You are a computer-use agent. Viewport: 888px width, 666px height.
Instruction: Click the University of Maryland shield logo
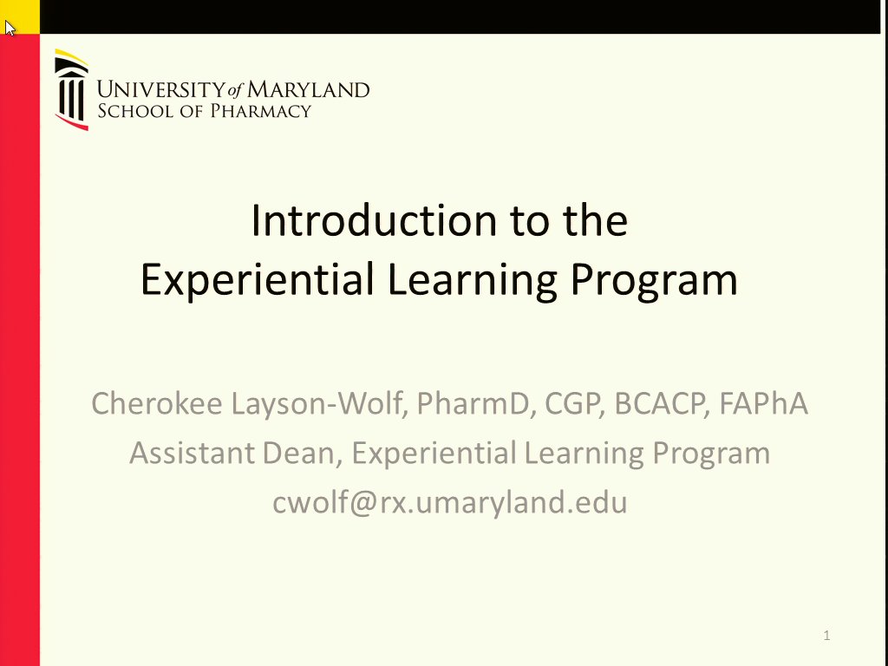(x=71, y=90)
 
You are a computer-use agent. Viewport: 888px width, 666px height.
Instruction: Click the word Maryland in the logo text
(x=309, y=89)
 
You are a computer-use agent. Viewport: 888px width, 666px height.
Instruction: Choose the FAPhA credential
(x=763, y=403)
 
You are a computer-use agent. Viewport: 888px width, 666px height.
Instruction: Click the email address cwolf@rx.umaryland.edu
(x=449, y=502)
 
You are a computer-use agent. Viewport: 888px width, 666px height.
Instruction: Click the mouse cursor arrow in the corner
(x=10, y=28)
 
